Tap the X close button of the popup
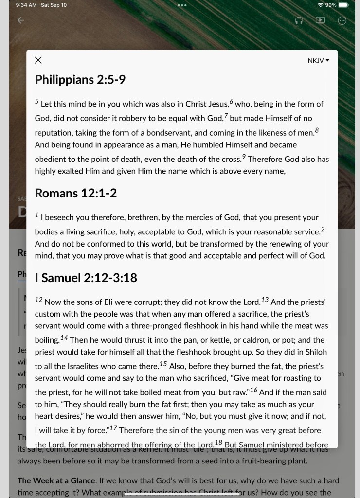[x=38, y=60]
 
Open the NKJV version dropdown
[x=319, y=61]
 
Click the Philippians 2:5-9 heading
[x=80, y=79]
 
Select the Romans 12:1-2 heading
[x=76, y=193]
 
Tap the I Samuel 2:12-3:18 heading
[x=86, y=278]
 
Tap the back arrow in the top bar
[x=20, y=20]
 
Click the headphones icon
[x=299, y=20]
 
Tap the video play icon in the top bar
[x=320, y=20]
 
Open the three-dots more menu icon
[x=342, y=20]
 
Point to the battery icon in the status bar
[x=343, y=5]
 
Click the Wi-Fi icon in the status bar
[x=320, y=5]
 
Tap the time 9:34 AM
[x=26, y=5]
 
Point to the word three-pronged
[x=148, y=326]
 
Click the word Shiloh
[x=316, y=352]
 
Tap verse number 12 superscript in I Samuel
[x=39, y=300]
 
